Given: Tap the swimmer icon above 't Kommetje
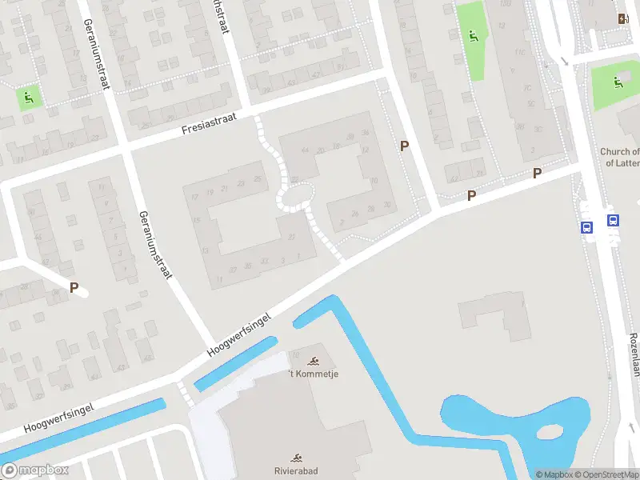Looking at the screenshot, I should [x=313, y=360].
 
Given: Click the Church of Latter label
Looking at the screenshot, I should [x=619, y=157].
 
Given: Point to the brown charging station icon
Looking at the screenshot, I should [x=622, y=18].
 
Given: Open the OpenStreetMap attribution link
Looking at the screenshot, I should [x=605, y=474].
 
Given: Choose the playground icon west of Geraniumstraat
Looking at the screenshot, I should [x=30, y=98].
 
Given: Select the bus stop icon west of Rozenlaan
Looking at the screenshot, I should [x=586, y=227].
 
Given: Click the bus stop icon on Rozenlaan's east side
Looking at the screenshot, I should [x=613, y=221].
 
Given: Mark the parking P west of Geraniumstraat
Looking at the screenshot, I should [x=74, y=288].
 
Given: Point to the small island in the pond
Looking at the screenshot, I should [x=552, y=433].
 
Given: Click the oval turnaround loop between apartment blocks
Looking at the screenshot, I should [x=296, y=196].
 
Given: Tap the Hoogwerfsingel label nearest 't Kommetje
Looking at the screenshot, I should [x=238, y=334].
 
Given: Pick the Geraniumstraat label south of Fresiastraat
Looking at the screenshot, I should [x=155, y=245].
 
